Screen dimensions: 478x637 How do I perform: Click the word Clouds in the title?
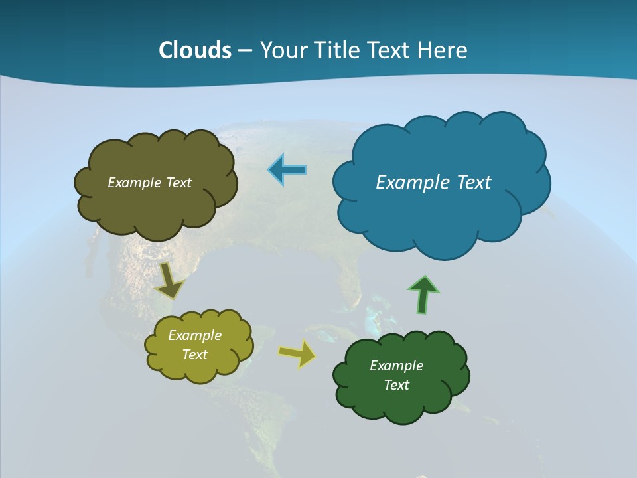pyautogui.click(x=194, y=50)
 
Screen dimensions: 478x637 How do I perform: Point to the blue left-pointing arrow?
pyautogui.click(x=287, y=170)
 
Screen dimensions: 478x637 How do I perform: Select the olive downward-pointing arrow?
pyautogui.click(x=169, y=281)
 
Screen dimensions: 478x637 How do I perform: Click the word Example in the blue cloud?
pyautogui.click(x=410, y=183)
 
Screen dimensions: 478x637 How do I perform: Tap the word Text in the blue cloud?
pyautogui.click(x=474, y=183)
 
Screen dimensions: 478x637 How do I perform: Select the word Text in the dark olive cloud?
pyautogui.click(x=178, y=183)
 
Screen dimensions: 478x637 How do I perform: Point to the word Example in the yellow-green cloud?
pyautogui.click(x=194, y=335)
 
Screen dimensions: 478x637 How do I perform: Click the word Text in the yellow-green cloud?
pyautogui.click(x=194, y=355)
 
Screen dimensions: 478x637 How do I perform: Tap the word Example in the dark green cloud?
pyautogui.click(x=396, y=366)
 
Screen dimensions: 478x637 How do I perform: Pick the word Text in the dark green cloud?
pyautogui.click(x=396, y=385)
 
